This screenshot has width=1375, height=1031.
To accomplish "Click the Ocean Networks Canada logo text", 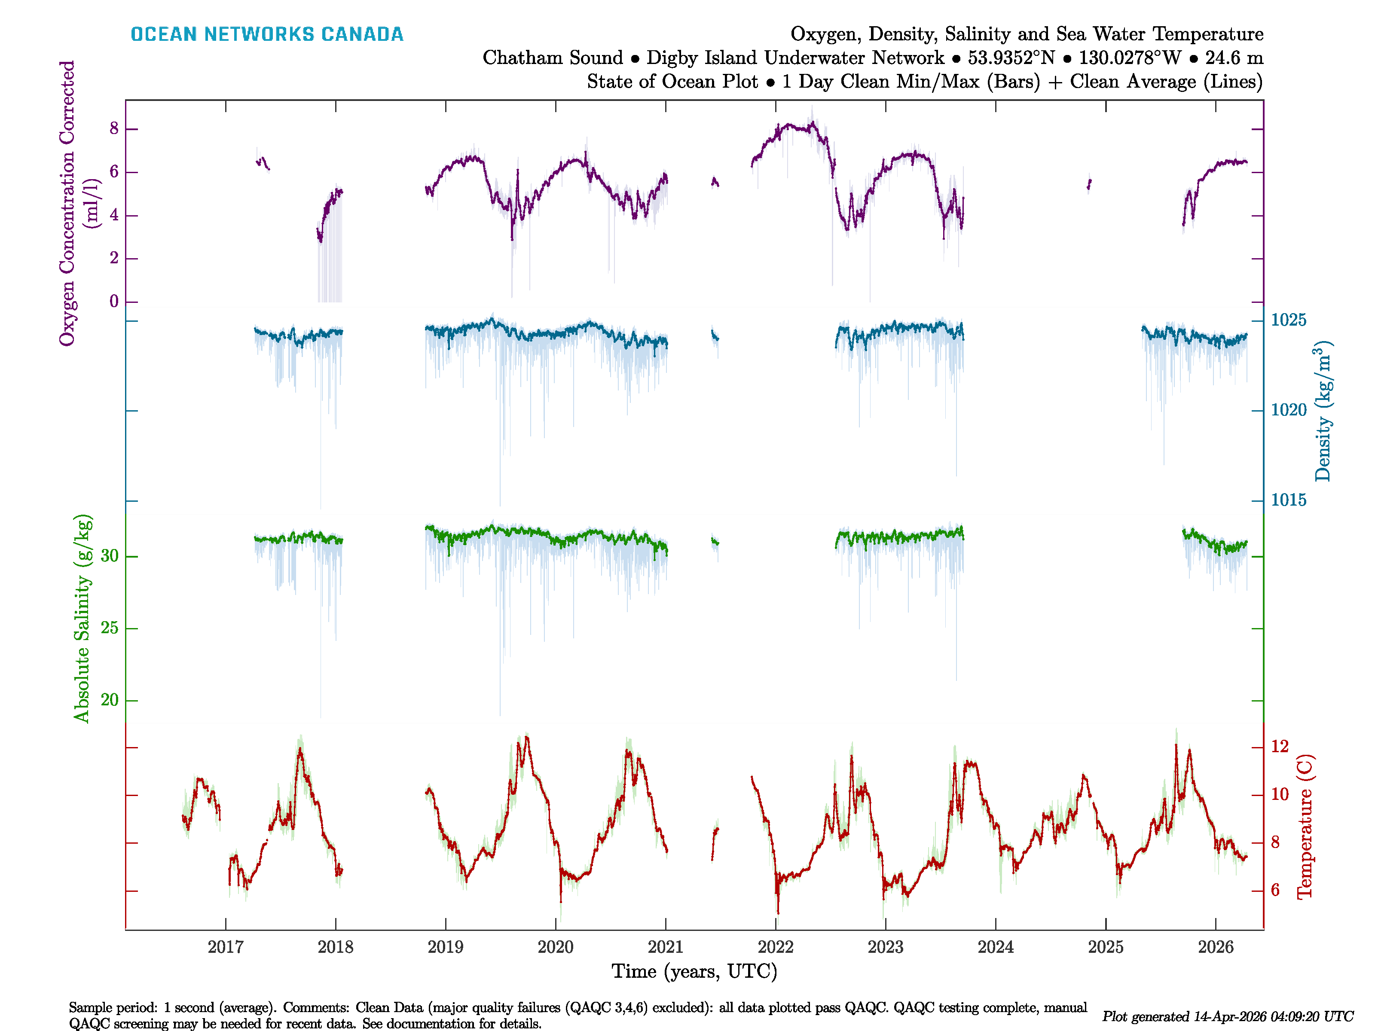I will click(267, 34).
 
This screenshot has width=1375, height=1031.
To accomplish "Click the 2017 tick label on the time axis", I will click(225, 947).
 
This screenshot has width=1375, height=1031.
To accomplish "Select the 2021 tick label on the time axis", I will click(665, 947).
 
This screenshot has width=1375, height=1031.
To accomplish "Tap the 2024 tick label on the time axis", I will click(995, 947).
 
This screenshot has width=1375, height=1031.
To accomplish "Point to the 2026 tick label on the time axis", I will click(1215, 947).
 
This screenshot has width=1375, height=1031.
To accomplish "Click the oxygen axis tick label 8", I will click(114, 128).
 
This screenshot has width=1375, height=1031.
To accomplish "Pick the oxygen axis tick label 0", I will click(114, 302).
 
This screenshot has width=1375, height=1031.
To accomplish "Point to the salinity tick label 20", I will click(110, 700).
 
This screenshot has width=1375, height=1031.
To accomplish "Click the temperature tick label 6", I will click(1275, 891).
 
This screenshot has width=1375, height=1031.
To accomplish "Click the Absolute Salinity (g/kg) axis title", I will click(82, 618).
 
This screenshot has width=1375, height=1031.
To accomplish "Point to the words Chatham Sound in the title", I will click(552, 58).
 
